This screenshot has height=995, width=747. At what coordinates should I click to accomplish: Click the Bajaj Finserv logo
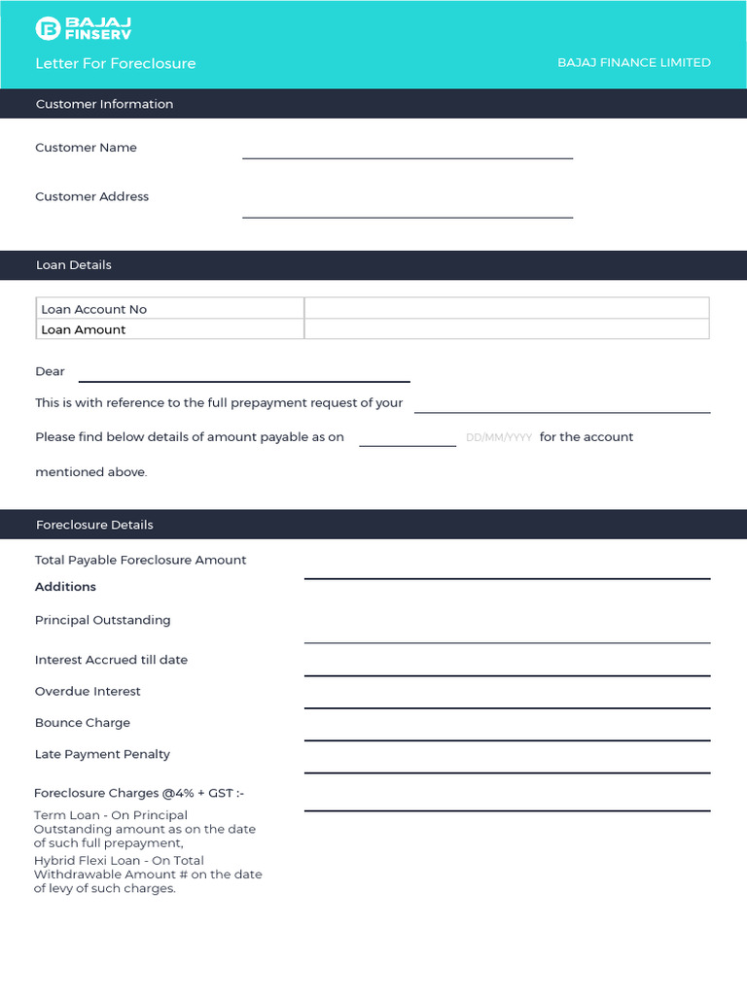click(84, 28)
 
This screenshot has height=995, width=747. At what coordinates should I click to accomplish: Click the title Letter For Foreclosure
click(116, 63)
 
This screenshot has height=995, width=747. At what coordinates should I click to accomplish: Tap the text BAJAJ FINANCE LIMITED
click(633, 62)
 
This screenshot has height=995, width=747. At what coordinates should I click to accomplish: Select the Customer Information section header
click(104, 104)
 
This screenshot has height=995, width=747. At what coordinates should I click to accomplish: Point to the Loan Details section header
click(74, 265)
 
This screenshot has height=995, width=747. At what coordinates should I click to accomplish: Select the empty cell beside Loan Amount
click(506, 329)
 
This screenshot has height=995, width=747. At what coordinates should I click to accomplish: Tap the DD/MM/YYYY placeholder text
click(499, 438)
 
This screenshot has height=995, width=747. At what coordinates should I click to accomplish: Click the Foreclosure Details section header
click(94, 525)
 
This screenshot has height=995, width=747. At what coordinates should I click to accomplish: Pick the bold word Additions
click(65, 587)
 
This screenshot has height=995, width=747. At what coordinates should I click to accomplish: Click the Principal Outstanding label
click(102, 620)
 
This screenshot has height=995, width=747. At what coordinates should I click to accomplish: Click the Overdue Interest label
click(88, 692)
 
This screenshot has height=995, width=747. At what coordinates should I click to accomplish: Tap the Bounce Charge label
click(83, 723)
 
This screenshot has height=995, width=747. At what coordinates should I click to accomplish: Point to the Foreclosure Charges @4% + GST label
click(139, 793)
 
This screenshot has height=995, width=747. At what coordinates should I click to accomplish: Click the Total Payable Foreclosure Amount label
click(140, 560)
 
